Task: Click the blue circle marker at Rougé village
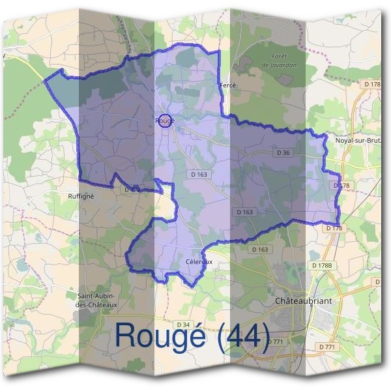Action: [x=166, y=121]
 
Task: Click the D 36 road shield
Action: [x=283, y=152]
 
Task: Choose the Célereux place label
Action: [x=199, y=261]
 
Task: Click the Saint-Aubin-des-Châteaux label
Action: [x=97, y=300]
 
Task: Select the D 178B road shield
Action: [x=322, y=266]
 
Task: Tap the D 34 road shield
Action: [x=183, y=325]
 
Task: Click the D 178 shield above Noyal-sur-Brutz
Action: [x=372, y=84]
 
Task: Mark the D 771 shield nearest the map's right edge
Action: [x=329, y=346]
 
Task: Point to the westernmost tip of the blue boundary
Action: [x=44, y=80]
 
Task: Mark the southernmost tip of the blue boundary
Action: [x=189, y=285]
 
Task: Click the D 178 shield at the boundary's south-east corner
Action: [x=334, y=228]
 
